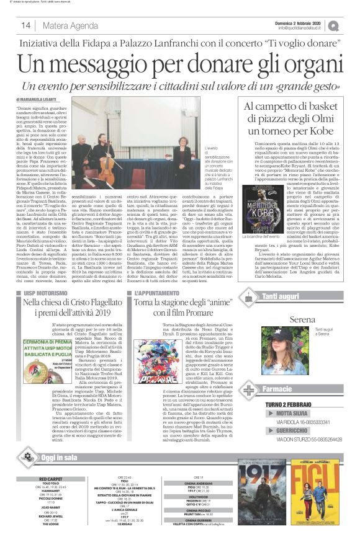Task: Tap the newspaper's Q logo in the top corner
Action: (x=351, y=25)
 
